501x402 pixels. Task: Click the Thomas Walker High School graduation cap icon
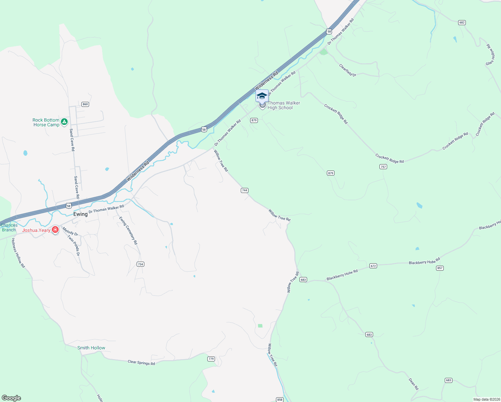coord(262,96)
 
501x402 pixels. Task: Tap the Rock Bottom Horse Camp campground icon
coord(64,122)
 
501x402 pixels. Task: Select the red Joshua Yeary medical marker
coord(55,230)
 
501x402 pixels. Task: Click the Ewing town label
coord(80,214)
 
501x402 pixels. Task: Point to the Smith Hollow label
coord(91,348)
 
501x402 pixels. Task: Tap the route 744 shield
coord(244,190)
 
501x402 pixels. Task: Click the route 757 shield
coord(383,166)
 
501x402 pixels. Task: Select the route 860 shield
coord(85,104)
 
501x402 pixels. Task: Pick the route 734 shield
coord(140,264)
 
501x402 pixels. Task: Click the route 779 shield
coord(211,359)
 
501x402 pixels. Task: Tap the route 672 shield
coord(373,266)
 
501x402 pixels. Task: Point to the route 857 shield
coord(440,268)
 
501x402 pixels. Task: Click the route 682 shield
coord(462,22)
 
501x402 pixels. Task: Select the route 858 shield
coord(280,399)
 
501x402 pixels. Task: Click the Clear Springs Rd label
coord(141,362)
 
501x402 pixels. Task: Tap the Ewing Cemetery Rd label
coord(128,230)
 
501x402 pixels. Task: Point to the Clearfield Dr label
coord(348,70)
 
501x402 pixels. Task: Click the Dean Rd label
coord(414,384)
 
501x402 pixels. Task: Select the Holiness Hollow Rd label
coord(18,253)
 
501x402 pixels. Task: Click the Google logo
coord(11,398)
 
